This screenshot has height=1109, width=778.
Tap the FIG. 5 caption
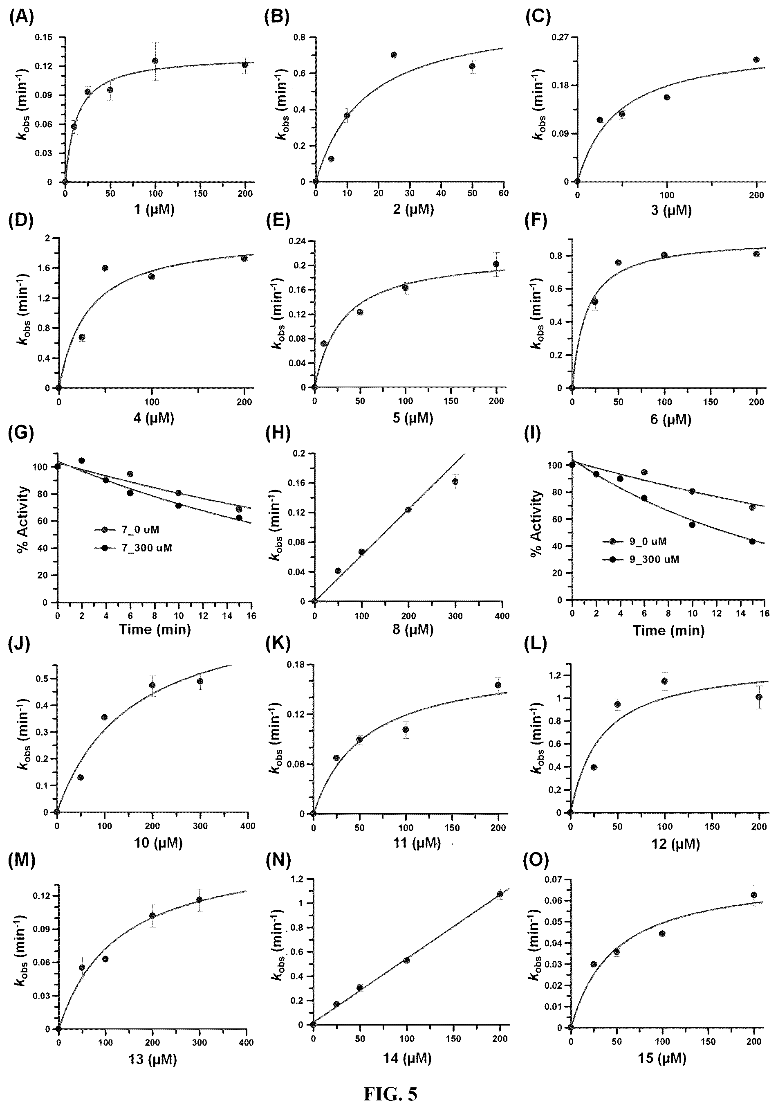pos(390,1093)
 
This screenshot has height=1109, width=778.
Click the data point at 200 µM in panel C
pos(756,60)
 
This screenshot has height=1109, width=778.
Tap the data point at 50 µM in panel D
pos(105,268)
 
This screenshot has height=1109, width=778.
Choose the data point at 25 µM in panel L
pos(594,767)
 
